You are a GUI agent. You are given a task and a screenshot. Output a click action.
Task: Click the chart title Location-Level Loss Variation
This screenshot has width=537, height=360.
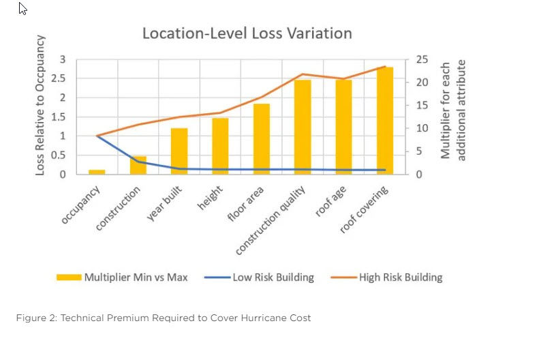247,33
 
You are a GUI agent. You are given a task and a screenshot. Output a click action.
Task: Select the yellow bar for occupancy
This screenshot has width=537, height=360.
97,172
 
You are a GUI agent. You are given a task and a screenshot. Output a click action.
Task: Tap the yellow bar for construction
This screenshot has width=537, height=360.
138,166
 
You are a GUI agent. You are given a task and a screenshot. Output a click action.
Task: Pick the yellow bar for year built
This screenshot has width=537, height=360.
179,151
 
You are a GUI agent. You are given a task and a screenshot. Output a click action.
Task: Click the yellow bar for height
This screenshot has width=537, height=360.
220,147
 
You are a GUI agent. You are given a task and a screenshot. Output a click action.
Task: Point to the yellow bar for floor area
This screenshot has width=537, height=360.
262,139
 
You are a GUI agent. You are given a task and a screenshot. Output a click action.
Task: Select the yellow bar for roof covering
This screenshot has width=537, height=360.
385,121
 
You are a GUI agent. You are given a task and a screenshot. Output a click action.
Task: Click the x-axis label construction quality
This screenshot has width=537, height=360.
271,221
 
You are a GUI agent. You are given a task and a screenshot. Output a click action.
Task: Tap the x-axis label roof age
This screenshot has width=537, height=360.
331,201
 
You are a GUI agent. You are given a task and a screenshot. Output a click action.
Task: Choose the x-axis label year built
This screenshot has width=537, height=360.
164,203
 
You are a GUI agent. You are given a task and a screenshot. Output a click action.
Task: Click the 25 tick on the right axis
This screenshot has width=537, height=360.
423,59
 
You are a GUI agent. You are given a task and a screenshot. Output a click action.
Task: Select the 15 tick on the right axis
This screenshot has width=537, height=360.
423,105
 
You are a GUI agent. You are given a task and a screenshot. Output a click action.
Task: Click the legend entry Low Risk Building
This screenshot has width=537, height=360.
259,277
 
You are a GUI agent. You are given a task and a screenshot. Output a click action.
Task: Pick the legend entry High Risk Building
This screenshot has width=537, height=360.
386,277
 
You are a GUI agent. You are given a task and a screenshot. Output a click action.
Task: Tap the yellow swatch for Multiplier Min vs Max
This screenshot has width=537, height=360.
69,277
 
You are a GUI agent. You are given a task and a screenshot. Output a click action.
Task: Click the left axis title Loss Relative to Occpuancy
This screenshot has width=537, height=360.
40,105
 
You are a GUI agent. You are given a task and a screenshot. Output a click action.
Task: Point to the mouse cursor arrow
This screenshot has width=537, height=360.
22,9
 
